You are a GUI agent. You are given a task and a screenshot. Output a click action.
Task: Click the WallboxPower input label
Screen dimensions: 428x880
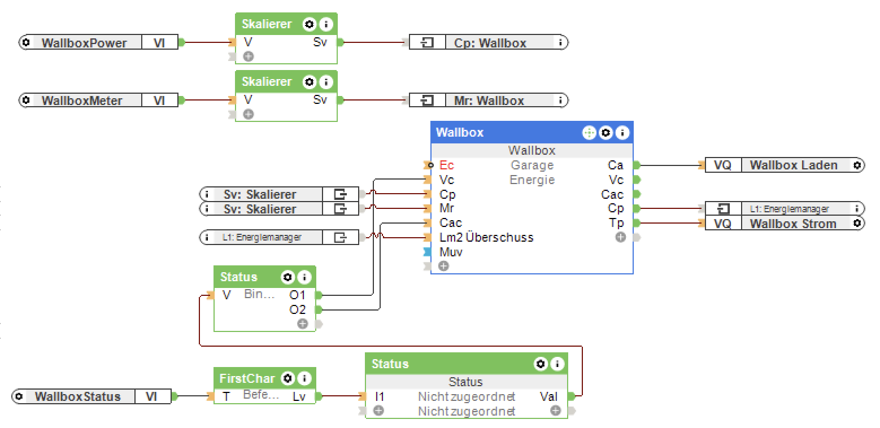84,42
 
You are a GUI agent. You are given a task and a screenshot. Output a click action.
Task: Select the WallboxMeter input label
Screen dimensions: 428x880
81,101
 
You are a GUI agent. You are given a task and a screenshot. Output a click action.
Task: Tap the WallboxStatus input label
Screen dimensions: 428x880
77,396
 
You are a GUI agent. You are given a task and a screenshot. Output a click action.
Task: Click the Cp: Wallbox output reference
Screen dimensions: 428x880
490,42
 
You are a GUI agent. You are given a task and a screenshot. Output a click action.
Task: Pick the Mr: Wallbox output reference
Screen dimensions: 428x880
489,101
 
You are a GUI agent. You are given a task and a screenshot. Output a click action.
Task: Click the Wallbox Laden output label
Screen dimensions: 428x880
793,165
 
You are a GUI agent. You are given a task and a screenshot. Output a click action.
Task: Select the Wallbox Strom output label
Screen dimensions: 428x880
792,224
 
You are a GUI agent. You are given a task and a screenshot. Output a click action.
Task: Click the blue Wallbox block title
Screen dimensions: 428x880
460,132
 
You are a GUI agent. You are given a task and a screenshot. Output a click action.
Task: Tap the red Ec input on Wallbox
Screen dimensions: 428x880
446,165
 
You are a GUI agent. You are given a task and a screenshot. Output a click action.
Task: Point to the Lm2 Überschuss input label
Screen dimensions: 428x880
486,237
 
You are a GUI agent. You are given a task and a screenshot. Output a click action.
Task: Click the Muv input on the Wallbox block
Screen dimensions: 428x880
450,252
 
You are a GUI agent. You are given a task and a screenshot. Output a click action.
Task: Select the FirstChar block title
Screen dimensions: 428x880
247,378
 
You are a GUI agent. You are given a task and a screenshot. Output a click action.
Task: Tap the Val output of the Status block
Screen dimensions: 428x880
548,396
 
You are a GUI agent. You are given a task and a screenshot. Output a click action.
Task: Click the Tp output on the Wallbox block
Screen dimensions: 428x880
616,223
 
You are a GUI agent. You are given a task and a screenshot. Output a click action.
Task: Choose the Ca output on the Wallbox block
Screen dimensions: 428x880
615,165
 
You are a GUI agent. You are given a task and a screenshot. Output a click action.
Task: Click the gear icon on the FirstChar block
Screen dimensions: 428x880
287,378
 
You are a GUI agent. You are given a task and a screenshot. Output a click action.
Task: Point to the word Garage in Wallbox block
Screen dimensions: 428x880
532,165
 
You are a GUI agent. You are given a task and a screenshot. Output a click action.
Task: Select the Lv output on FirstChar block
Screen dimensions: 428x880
299,396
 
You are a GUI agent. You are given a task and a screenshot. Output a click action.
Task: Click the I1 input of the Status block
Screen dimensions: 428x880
380,396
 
